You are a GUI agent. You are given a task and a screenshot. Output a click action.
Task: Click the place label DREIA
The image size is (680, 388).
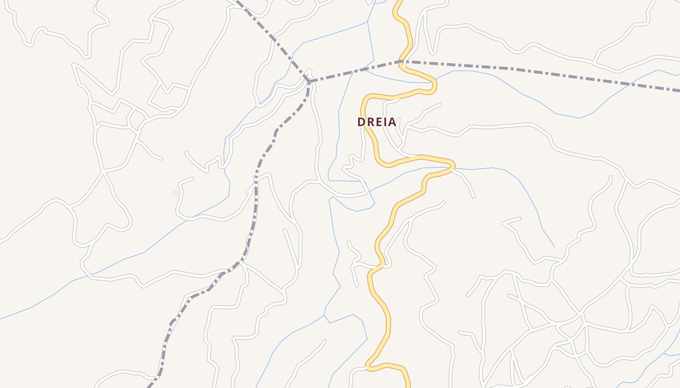377,122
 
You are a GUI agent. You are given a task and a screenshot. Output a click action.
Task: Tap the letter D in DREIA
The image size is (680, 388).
361,122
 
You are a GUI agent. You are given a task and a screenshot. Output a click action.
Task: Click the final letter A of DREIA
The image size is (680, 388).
392,122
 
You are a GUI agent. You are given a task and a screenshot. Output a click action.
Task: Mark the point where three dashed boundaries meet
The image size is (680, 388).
309,81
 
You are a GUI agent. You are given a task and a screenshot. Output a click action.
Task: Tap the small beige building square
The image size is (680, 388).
175,193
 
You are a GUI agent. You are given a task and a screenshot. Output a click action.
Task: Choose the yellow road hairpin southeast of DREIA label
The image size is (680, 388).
453,165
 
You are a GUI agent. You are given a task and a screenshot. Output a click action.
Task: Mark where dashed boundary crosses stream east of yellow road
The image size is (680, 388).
629,83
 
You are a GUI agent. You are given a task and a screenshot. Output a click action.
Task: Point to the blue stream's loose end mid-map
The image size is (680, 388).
554,246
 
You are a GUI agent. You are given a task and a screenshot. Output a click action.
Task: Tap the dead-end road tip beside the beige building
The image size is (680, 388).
191,178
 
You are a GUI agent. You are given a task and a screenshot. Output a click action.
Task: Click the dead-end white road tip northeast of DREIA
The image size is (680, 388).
440,104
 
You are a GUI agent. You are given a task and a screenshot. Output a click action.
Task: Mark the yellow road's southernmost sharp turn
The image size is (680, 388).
369,367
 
